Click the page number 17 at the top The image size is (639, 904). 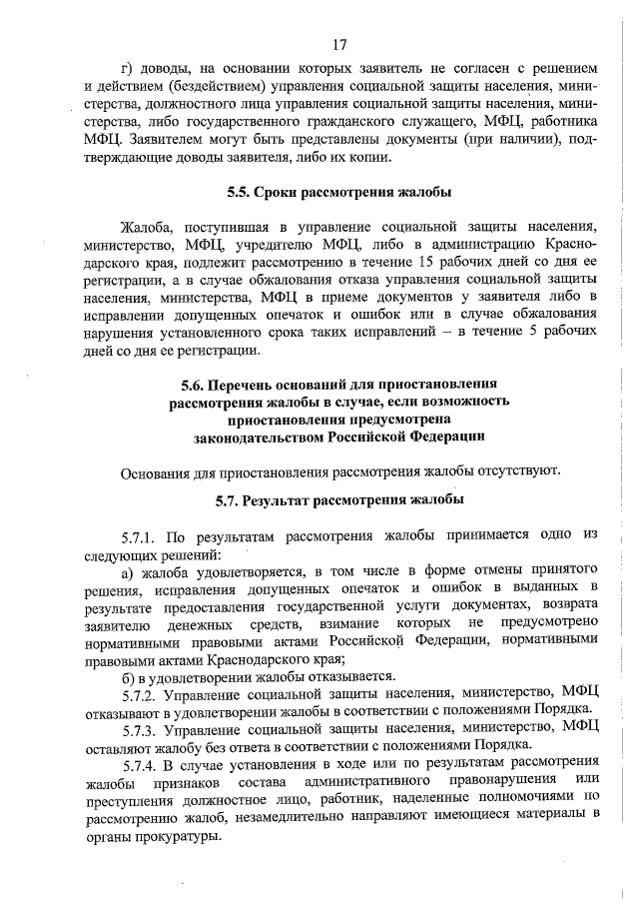click(339, 44)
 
